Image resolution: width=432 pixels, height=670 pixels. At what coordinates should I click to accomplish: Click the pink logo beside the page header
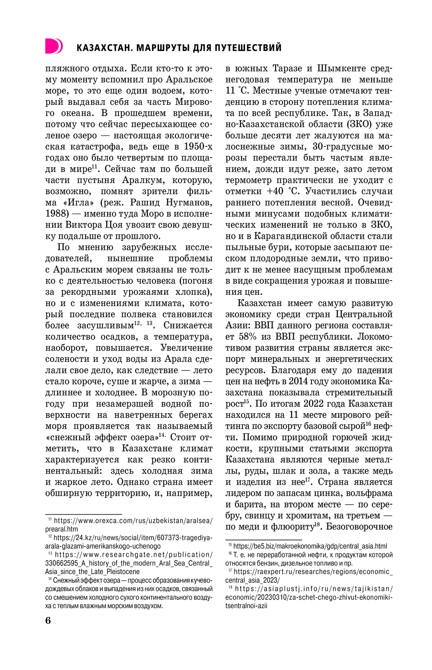54,46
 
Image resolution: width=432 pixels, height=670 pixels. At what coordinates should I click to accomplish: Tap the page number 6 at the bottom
48,620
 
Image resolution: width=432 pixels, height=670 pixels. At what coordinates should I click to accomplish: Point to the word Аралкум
143,180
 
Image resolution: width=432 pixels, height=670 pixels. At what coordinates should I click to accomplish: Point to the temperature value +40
276,191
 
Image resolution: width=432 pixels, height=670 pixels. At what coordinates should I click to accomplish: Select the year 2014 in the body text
298,381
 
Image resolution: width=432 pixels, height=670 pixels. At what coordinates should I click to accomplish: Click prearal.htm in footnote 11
62,529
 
